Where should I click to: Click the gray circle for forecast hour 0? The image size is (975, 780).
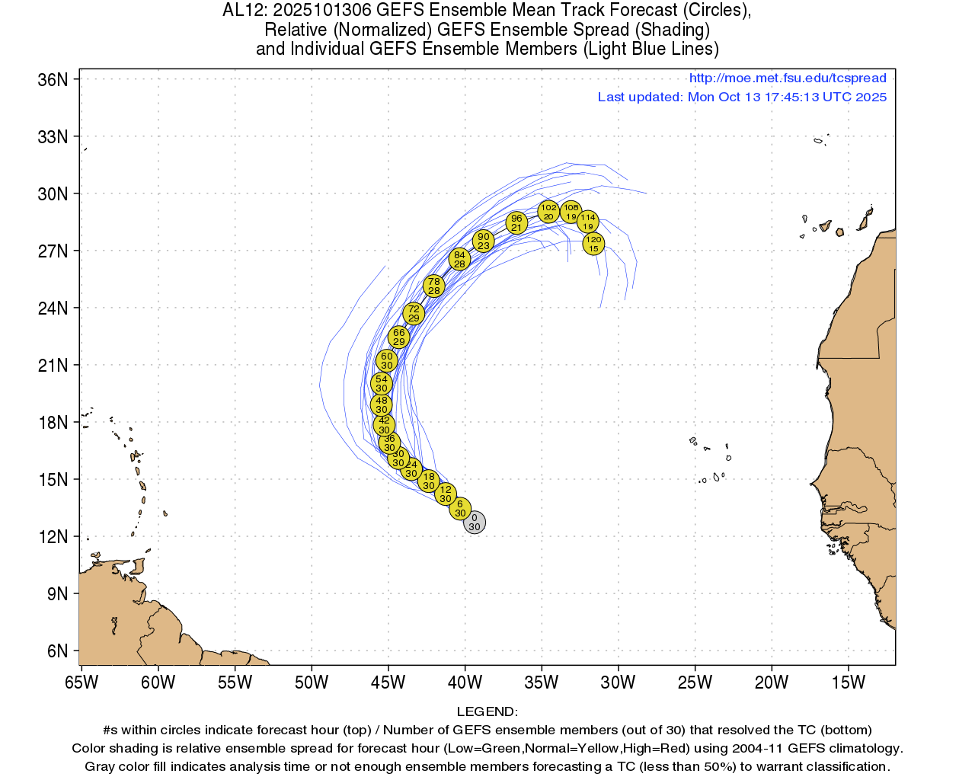point(475,523)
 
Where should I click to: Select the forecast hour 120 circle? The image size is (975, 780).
point(593,244)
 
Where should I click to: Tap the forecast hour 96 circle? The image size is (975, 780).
point(516,222)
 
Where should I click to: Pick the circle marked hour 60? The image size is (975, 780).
point(387,360)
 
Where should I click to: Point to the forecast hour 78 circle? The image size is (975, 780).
point(433,286)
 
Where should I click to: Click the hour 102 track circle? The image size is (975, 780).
point(548,211)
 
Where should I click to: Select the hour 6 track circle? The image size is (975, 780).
point(460,508)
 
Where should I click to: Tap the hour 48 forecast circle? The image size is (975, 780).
point(382,404)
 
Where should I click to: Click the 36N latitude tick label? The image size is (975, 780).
point(53,80)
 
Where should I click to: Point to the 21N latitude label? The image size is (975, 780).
point(53,366)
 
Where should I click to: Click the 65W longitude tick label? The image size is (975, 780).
point(82,682)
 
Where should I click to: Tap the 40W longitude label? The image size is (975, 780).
point(465,682)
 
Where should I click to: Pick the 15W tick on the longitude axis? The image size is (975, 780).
point(849,682)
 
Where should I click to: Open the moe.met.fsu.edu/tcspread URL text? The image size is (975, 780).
point(788,78)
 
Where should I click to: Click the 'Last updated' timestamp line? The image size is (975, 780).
point(742,97)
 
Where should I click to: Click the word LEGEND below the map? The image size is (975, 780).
point(487,711)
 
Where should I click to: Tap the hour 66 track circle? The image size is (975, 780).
point(398,337)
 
